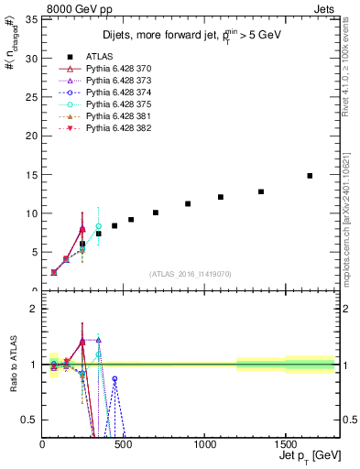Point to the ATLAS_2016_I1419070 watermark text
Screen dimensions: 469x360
190,274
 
